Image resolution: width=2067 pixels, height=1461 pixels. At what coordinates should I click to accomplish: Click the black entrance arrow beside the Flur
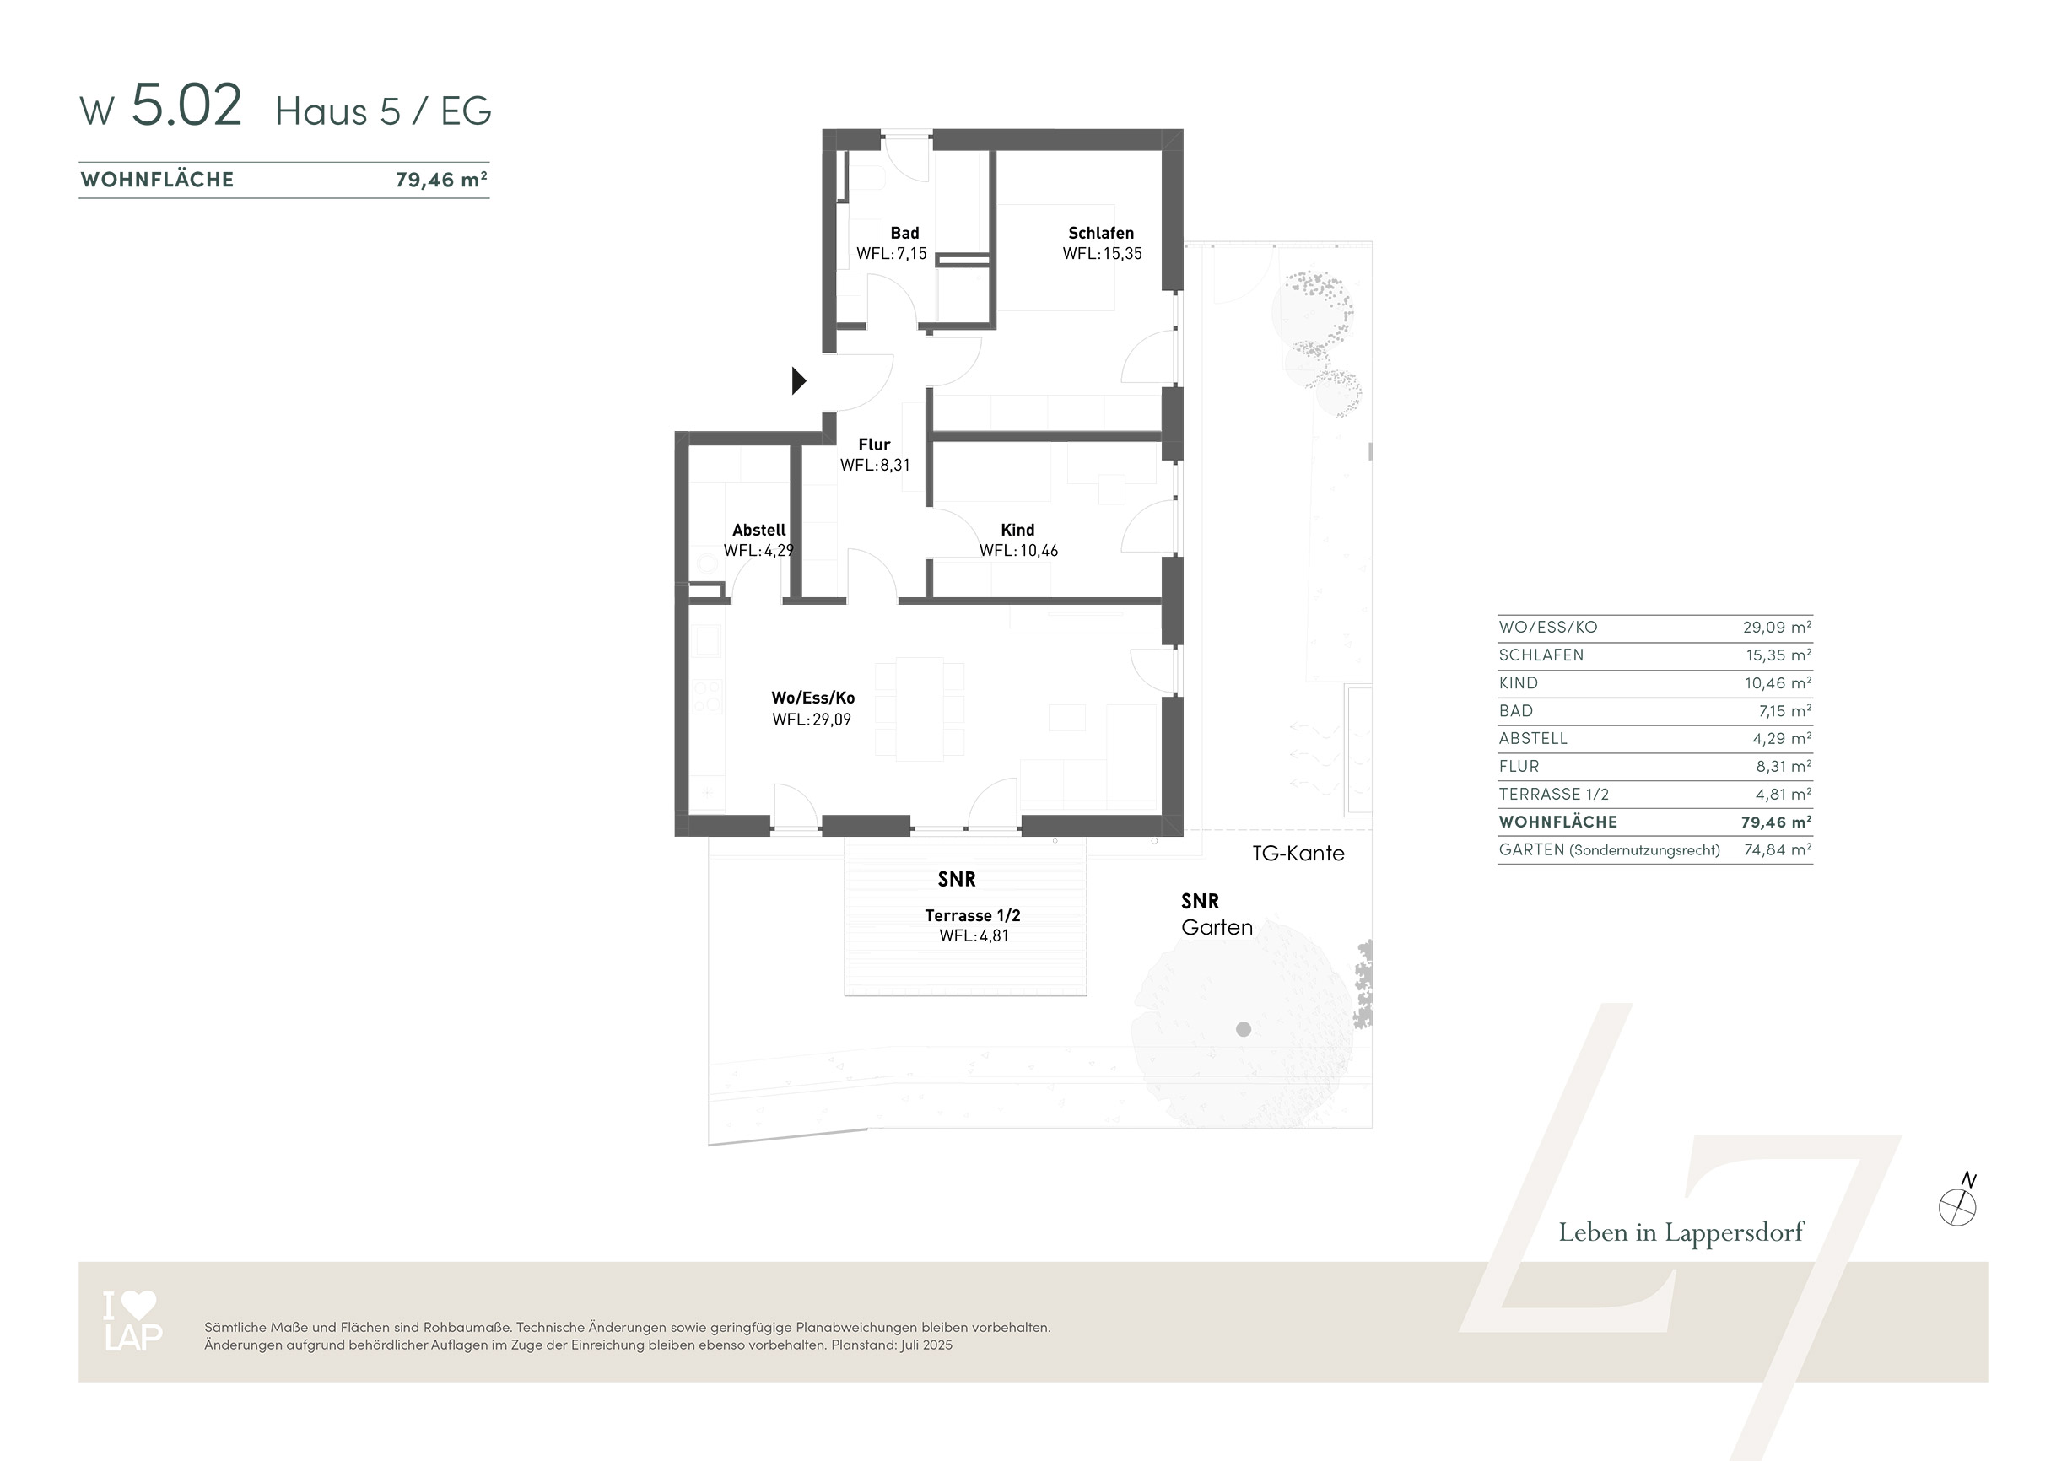tap(798, 380)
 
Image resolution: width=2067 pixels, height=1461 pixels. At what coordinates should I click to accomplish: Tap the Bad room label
tap(904, 233)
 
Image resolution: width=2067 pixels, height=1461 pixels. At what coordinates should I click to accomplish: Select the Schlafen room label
tap(1101, 233)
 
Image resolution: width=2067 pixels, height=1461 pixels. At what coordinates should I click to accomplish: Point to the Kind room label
tap(1017, 531)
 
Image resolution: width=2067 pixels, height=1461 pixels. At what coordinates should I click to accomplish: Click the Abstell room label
tap(759, 531)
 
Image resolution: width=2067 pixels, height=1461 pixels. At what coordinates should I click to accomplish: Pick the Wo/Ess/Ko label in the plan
tap(813, 698)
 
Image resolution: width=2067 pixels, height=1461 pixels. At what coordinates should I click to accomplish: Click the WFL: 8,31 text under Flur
tap(875, 466)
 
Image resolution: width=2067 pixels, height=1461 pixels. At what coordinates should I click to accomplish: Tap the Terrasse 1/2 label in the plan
tap(972, 915)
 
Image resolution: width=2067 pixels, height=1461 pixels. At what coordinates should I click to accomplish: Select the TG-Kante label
tap(1298, 854)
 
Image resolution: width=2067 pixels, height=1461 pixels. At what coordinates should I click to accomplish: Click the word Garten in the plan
tap(1217, 927)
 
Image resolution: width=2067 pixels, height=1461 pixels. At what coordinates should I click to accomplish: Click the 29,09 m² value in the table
tap(1777, 628)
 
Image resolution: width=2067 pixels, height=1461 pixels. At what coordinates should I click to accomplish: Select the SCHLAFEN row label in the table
tap(1541, 655)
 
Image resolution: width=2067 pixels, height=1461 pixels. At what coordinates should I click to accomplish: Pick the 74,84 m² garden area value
tap(1777, 849)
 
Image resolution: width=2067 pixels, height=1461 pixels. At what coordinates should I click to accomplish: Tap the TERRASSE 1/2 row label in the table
tap(1554, 794)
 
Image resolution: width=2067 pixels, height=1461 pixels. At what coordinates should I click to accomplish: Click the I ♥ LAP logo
tap(132, 1321)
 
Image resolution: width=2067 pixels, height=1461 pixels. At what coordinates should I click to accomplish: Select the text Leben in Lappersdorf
tap(1681, 1232)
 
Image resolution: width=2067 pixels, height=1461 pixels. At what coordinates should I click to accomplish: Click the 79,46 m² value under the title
tap(441, 180)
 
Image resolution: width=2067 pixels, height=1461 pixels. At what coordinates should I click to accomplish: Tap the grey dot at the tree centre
tap(1244, 1029)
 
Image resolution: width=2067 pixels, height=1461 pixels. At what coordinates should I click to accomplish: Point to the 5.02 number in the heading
tap(186, 105)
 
